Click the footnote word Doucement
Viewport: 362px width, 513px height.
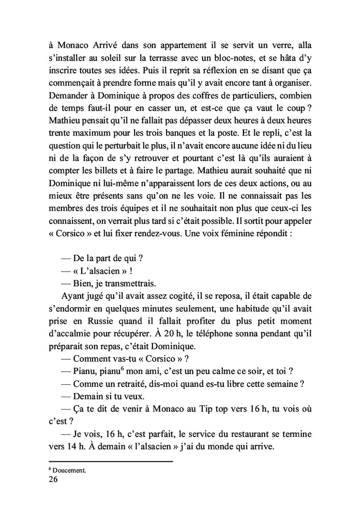69,470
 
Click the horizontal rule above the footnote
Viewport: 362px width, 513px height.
110,461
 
